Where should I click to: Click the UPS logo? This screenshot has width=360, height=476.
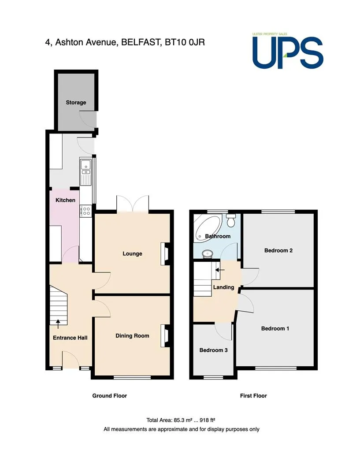[x=287, y=51]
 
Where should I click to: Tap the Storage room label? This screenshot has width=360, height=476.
[x=76, y=103]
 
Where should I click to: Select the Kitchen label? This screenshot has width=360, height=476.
[x=65, y=200]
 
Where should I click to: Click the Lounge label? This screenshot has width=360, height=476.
[x=132, y=253]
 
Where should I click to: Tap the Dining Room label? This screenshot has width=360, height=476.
[x=132, y=336]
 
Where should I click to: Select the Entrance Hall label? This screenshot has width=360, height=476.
[x=70, y=338]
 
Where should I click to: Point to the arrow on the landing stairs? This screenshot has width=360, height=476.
[x=220, y=270]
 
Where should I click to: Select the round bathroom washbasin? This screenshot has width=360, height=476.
[x=208, y=253]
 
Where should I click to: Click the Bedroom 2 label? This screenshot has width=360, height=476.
[x=278, y=250]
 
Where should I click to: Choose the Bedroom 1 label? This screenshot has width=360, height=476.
[x=275, y=328]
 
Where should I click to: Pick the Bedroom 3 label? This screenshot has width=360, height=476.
[x=213, y=350]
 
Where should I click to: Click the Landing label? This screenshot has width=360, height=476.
[x=223, y=287]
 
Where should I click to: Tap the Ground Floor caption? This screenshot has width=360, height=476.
[x=110, y=396]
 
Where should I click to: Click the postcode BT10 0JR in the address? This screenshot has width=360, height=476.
[x=185, y=42]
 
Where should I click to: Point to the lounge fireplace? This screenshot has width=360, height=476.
[x=165, y=253]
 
